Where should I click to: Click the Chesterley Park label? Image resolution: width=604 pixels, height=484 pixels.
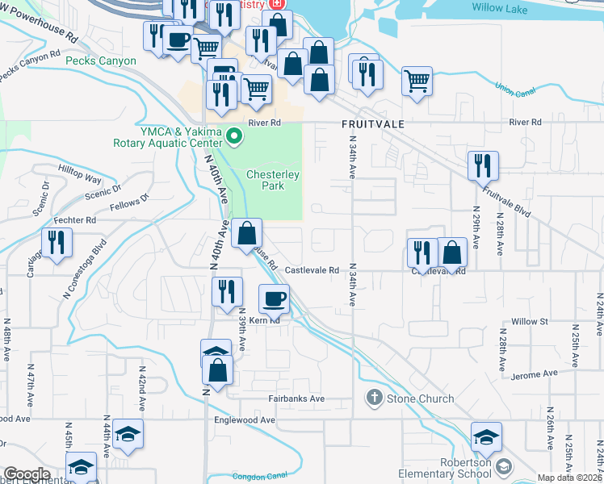tap(273, 180)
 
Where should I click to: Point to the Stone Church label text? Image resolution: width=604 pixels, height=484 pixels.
tap(412, 398)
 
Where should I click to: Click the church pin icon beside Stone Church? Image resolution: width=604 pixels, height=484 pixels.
tap(373, 397)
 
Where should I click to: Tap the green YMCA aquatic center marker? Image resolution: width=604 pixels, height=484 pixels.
tap(234, 136)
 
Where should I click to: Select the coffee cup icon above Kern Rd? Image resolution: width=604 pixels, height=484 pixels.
tap(273, 298)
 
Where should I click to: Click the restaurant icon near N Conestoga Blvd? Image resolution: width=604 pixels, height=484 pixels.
tap(57, 243)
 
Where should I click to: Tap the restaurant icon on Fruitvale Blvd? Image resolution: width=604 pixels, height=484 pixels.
tap(483, 165)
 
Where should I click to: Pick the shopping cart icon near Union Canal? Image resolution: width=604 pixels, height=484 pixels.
tap(417, 80)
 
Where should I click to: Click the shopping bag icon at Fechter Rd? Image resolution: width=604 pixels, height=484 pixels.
tap(246, 233)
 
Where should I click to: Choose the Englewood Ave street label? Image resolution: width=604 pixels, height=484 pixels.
tap(244, 420)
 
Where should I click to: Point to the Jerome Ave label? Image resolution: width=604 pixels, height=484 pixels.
tap(539, 374)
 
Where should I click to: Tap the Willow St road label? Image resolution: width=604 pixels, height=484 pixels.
tap(529, 321)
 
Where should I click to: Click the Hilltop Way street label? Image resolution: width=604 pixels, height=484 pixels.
tap(80, 179)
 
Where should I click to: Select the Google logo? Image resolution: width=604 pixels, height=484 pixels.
tap(27, 474)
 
